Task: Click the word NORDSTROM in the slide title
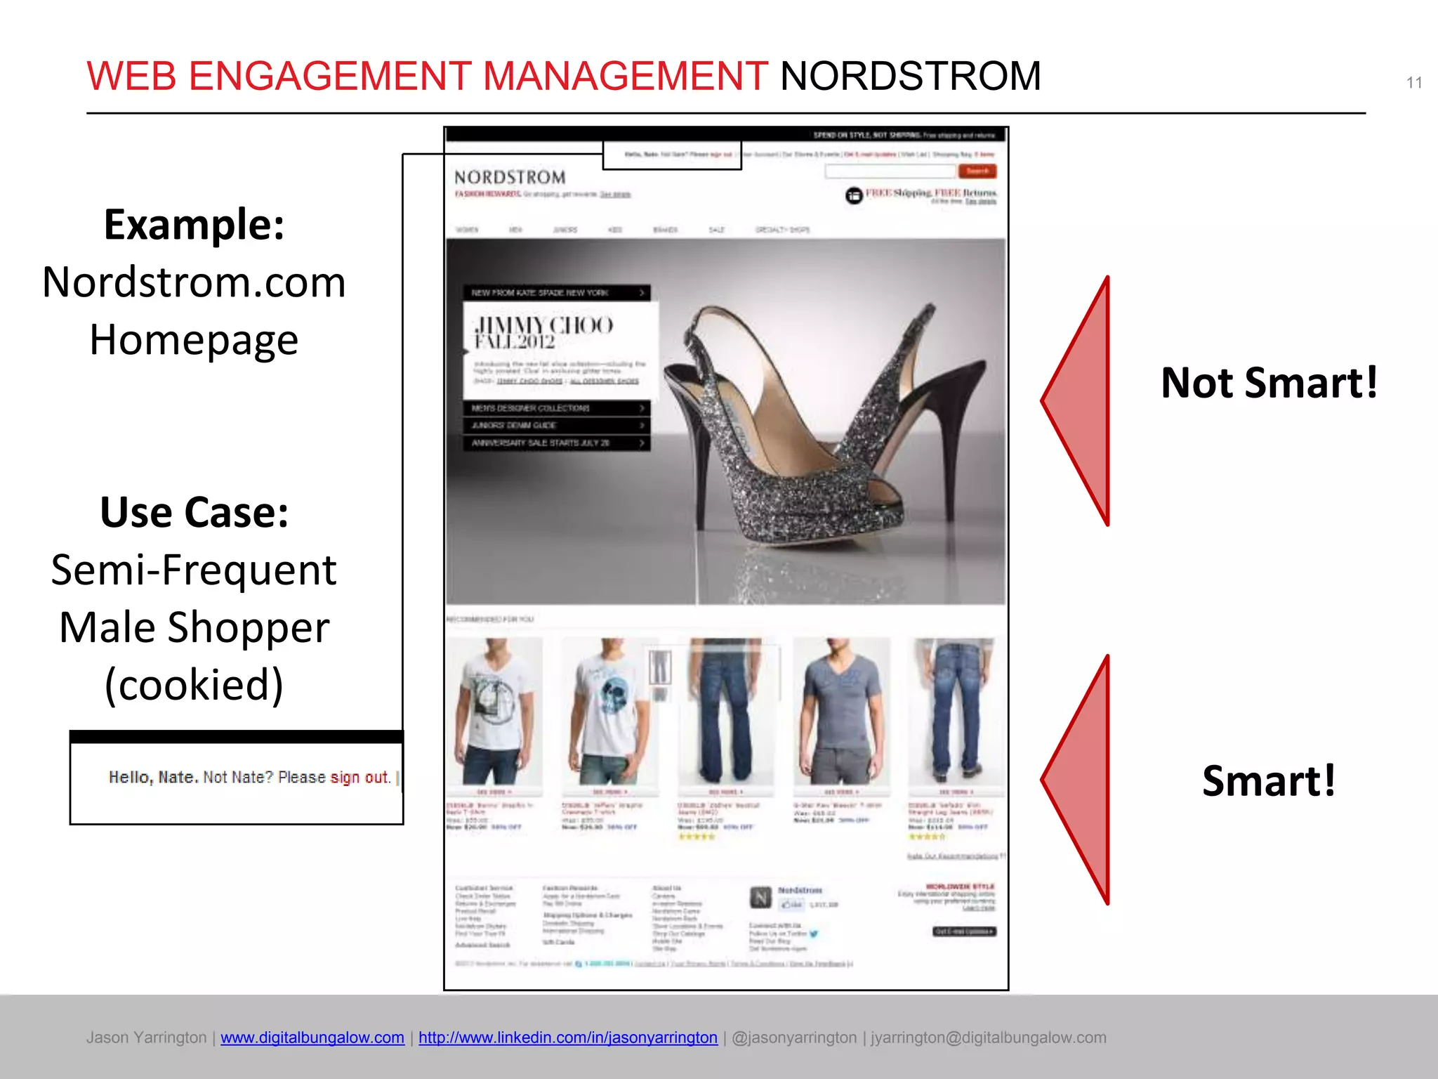(x=910, y=76)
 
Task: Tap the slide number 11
(x=1414, y=83)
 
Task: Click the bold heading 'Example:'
(x=194, y=225)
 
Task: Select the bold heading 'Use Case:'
(x=194, y=512)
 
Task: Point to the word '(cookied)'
(x=194, y=684)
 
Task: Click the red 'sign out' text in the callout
(x=359, y=778)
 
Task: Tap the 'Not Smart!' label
(x=1269, y=383)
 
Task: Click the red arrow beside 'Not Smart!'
(x=1081, y=401)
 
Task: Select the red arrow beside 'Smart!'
(x=1081, y=779)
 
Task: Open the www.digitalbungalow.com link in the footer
(x=312, y=1038)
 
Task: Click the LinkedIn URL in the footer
(x=567, y=1038)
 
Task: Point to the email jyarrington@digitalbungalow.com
(x=988, y=1038)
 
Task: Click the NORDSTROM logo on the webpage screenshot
(x=510, y=178)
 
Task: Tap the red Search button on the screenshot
(x=977, y=171)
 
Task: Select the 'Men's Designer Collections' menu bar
(x=556, y=408)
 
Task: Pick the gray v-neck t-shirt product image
(x=840, y=713)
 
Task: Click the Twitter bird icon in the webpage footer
(x=814, y=934)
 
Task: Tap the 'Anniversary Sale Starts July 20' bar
(x=556, y=443)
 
